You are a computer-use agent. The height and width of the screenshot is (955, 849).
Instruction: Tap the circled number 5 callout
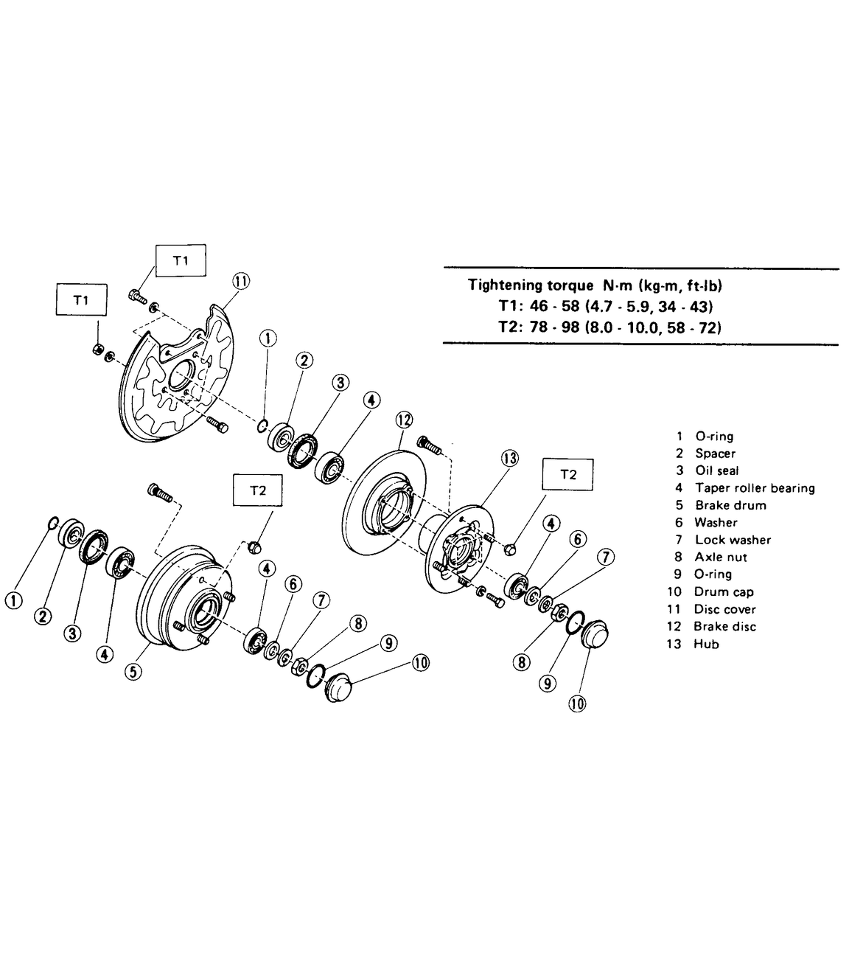(x=133, y=672)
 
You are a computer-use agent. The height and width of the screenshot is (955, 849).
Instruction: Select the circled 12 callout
(x=403, y=420)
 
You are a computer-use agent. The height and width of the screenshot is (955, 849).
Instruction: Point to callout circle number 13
(x=510, y=458)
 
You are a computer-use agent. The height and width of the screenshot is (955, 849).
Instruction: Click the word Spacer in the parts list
(x=715, y=454)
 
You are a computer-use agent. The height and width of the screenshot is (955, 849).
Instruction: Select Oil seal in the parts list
(x=716, y=470)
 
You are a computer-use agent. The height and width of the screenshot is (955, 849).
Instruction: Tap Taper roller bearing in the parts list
(x=755, y=488)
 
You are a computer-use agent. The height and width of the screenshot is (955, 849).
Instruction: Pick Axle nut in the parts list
(x=722, y=557)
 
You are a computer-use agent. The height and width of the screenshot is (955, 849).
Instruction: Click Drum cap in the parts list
(x=724, y=591)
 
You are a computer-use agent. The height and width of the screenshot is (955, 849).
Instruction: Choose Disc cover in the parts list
(x=724, y=609)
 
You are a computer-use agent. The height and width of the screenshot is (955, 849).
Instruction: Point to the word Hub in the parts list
(x=706, y=644)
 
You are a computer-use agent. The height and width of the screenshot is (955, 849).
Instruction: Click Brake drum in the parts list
(x=730, y=505)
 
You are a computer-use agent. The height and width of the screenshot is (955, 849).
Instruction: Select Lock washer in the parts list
(x=733, y=540)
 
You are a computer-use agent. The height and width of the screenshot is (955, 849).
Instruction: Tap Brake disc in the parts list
(x=724, y=626)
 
